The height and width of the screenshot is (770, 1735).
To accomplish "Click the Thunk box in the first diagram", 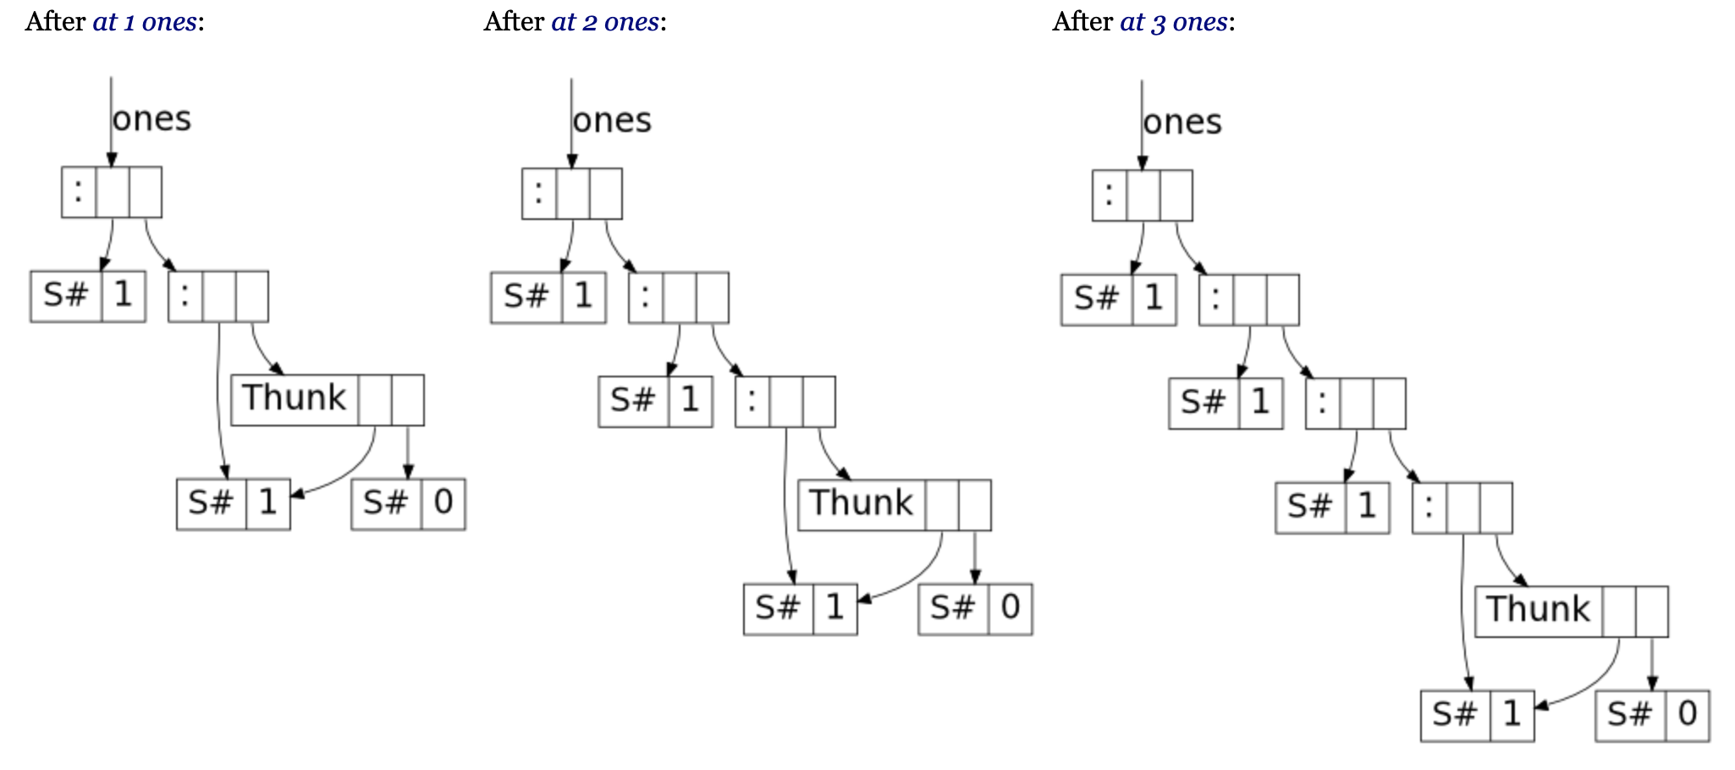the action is [327, 400].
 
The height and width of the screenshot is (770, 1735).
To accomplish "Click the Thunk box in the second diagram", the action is [894, 505].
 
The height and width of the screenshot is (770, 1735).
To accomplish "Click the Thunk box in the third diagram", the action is [1571, 611].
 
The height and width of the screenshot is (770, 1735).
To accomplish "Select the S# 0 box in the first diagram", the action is [408, 504].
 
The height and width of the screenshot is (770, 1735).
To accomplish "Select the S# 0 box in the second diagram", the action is [975, 609].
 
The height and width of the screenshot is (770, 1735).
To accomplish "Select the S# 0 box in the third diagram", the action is [1652, 715].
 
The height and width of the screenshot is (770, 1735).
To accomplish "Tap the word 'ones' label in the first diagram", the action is [151, 119].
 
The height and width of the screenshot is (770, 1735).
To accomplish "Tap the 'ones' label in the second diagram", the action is [612, 121].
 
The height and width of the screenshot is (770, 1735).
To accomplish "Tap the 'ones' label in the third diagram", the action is [1182, 123].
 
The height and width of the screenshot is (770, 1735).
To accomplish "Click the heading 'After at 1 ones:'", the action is [114, 21].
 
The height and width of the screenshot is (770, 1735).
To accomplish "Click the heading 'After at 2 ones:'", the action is [575, 21].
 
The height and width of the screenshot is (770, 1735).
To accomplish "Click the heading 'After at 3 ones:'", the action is [1143, 21].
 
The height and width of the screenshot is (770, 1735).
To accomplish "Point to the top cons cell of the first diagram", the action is [112, 192].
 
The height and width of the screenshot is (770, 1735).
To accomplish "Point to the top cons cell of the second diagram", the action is [572, 194].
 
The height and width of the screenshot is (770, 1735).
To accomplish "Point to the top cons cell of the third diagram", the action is [1143, 195].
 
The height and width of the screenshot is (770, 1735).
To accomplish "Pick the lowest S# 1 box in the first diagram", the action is [234, 504].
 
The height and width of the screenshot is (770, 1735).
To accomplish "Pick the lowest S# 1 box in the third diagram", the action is [1478, 715].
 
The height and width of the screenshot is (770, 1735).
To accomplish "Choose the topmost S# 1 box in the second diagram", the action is [548, 297].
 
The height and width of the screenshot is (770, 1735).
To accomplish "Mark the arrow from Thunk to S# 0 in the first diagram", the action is [408, 452].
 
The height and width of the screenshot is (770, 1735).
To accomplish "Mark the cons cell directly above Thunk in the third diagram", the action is [1462, 508].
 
